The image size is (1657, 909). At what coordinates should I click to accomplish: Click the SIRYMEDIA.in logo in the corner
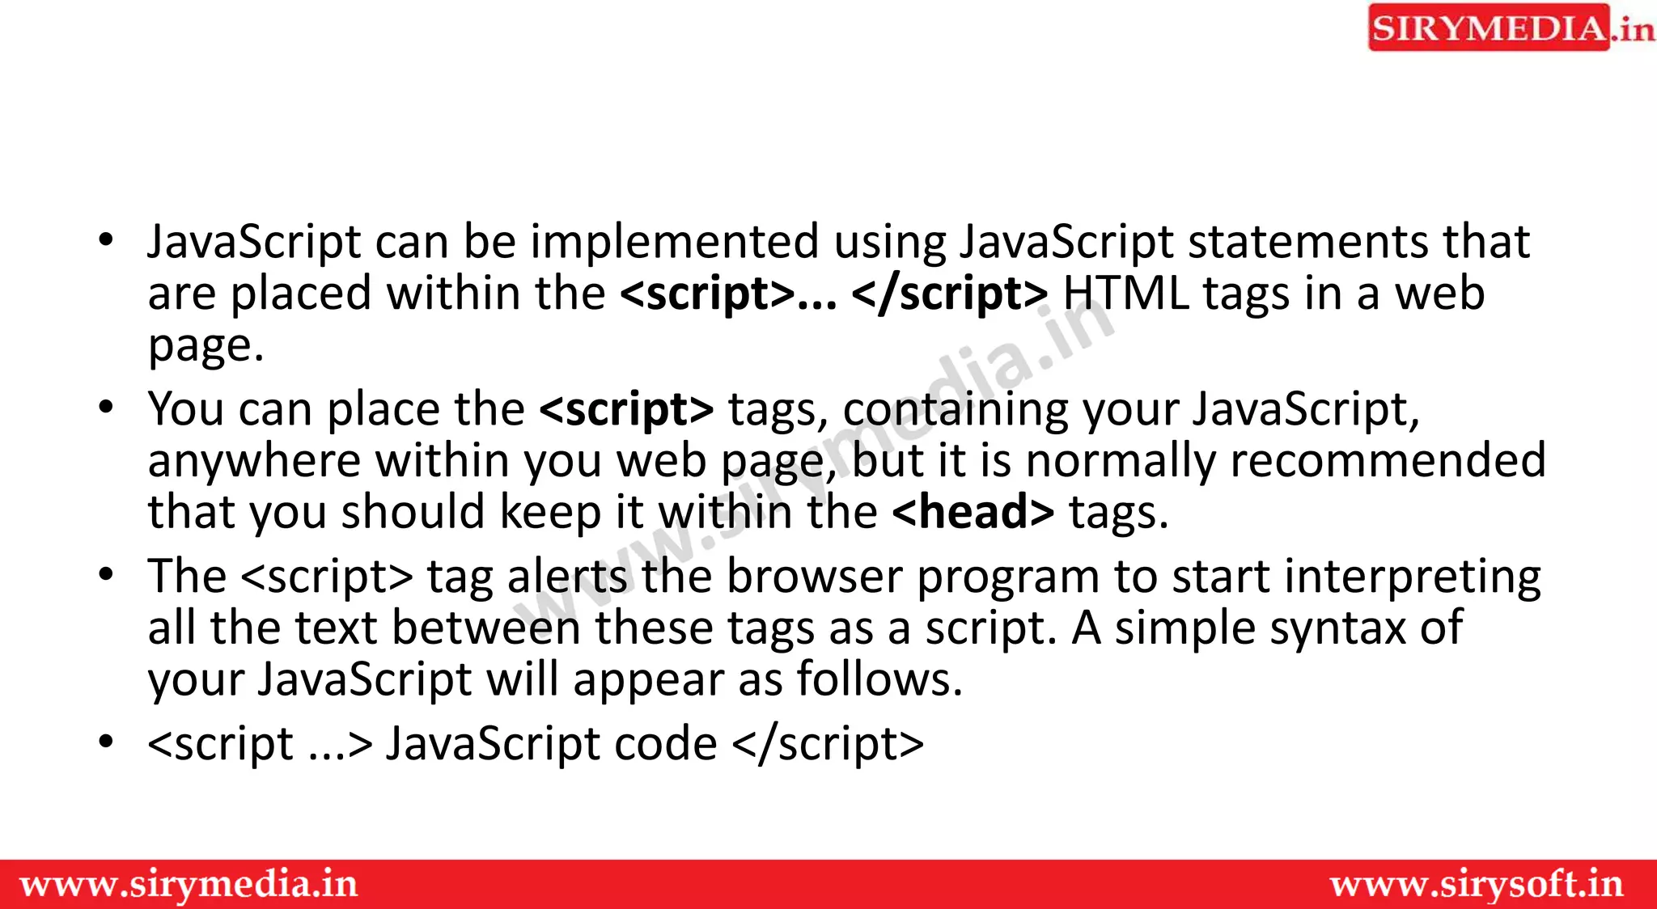click(x=1510, y=28)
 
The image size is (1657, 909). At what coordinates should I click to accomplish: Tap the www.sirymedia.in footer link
click(x=189, y=884)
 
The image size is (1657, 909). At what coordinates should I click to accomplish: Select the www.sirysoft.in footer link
click(x=1477, y=884)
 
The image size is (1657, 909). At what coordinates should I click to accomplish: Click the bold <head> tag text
click(x=973, y=512)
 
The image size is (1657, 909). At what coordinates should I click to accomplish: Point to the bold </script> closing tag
click(x=950, y=293)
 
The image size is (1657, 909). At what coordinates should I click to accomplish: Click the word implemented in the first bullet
click(x=675, y=242)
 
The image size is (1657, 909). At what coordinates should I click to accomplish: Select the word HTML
click(x=1126, y=293)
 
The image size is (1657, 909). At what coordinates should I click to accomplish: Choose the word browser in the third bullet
click(x=813, y=577)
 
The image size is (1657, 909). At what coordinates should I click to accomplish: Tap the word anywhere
click(x=254, y=462)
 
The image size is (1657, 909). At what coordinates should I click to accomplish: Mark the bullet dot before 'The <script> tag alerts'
click(x=106, y=575)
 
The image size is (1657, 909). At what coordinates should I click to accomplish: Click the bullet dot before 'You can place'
click(x=106, y=407)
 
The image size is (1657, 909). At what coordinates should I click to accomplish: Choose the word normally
click(x=1121, y=462)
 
